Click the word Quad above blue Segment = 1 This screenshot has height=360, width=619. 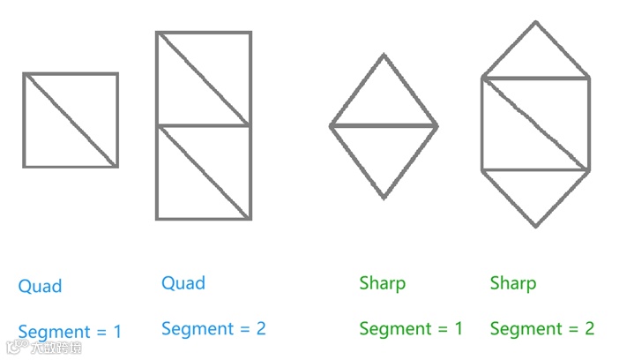click(x=40, y=287)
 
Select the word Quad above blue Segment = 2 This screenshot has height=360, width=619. click(x=183, y=283)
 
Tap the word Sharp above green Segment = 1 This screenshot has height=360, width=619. click(x=382, y=283)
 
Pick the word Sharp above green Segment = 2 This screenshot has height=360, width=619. click(x=512, y=283)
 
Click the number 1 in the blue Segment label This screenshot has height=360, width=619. click(x=116, y=333)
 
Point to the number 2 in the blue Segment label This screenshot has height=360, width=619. click(x=260, y=329)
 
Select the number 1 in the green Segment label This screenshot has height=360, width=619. click(x=458, y=329)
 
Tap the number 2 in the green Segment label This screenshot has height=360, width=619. click(x=589, y=329)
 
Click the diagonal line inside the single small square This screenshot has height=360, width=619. click(x=71, y=120)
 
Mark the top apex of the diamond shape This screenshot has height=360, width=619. click(x=384, y=55)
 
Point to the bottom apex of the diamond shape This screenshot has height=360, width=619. click(x=384, y=198)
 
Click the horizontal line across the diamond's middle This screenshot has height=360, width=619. click(x=384, y=126)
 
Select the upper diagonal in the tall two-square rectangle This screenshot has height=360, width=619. click(x=203, y=79)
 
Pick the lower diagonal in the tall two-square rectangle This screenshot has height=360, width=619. click(x=203, y=172)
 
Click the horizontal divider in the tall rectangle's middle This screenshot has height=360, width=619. click(x=203, y=126)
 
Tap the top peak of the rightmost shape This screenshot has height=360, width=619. click(x=535, y=22)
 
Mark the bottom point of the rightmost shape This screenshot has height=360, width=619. click(x=535, y=226)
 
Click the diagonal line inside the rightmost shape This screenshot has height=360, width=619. click(x=535, y=124)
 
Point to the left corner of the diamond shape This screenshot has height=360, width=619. click(x=332, y=126)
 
